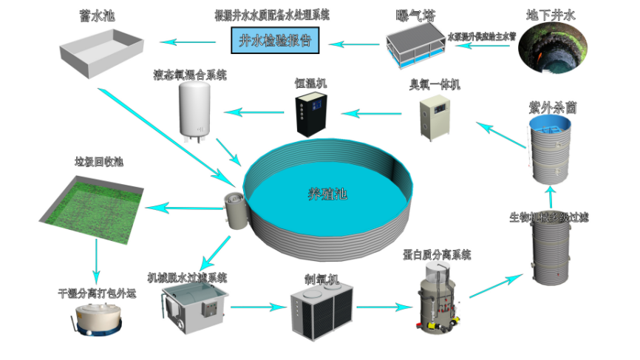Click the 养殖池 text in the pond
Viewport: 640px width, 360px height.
tap(327, 194)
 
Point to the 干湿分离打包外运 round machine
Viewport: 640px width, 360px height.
tap(92, 319)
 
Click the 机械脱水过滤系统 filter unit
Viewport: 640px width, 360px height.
tap(194, 308)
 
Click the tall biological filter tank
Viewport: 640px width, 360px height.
tap(551, 251)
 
